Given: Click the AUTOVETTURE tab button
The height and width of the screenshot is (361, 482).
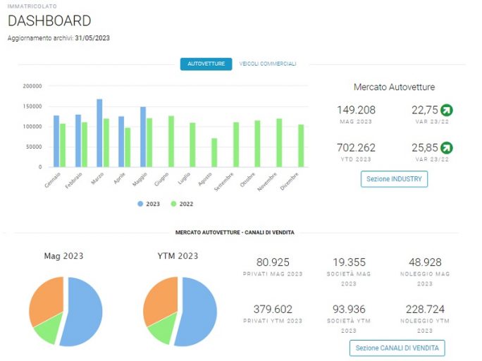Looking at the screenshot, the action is [x=206, y=64].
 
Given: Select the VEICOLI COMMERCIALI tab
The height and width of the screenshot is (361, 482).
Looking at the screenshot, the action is [x=268, y=63].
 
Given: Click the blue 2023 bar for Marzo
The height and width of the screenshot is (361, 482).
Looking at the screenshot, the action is [x=99, y=133].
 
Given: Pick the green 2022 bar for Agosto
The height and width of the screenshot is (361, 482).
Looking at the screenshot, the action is [x=214, y=153].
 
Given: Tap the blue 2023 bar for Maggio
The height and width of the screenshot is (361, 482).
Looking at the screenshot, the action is [x=143, y=137].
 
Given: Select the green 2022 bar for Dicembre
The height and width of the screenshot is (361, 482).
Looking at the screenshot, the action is [x=301, y=146].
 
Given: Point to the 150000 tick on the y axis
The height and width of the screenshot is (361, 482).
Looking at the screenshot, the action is [x=32, y=106].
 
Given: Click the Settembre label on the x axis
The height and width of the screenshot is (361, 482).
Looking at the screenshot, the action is [x=224, y=182].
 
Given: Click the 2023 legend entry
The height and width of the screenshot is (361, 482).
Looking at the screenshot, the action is [x=149, y=204].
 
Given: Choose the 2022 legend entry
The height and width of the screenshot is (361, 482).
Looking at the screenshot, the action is [x=182, y=204].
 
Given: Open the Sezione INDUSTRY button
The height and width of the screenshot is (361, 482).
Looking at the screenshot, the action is [x=394, y=179].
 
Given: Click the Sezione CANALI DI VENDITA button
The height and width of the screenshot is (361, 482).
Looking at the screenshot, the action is [x=397, y=348].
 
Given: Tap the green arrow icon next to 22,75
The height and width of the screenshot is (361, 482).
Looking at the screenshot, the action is [x=447, y=110].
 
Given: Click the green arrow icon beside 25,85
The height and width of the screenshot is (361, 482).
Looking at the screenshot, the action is [x=447, y=148].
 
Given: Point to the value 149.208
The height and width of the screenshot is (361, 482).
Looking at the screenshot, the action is [x=357, y=110].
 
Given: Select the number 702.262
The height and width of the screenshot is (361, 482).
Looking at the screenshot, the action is [x=357, y=148].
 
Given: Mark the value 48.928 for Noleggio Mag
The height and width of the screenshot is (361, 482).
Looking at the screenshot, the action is [x=425, y=262].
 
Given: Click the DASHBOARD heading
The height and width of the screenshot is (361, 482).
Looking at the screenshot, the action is [x=49, y=21].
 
